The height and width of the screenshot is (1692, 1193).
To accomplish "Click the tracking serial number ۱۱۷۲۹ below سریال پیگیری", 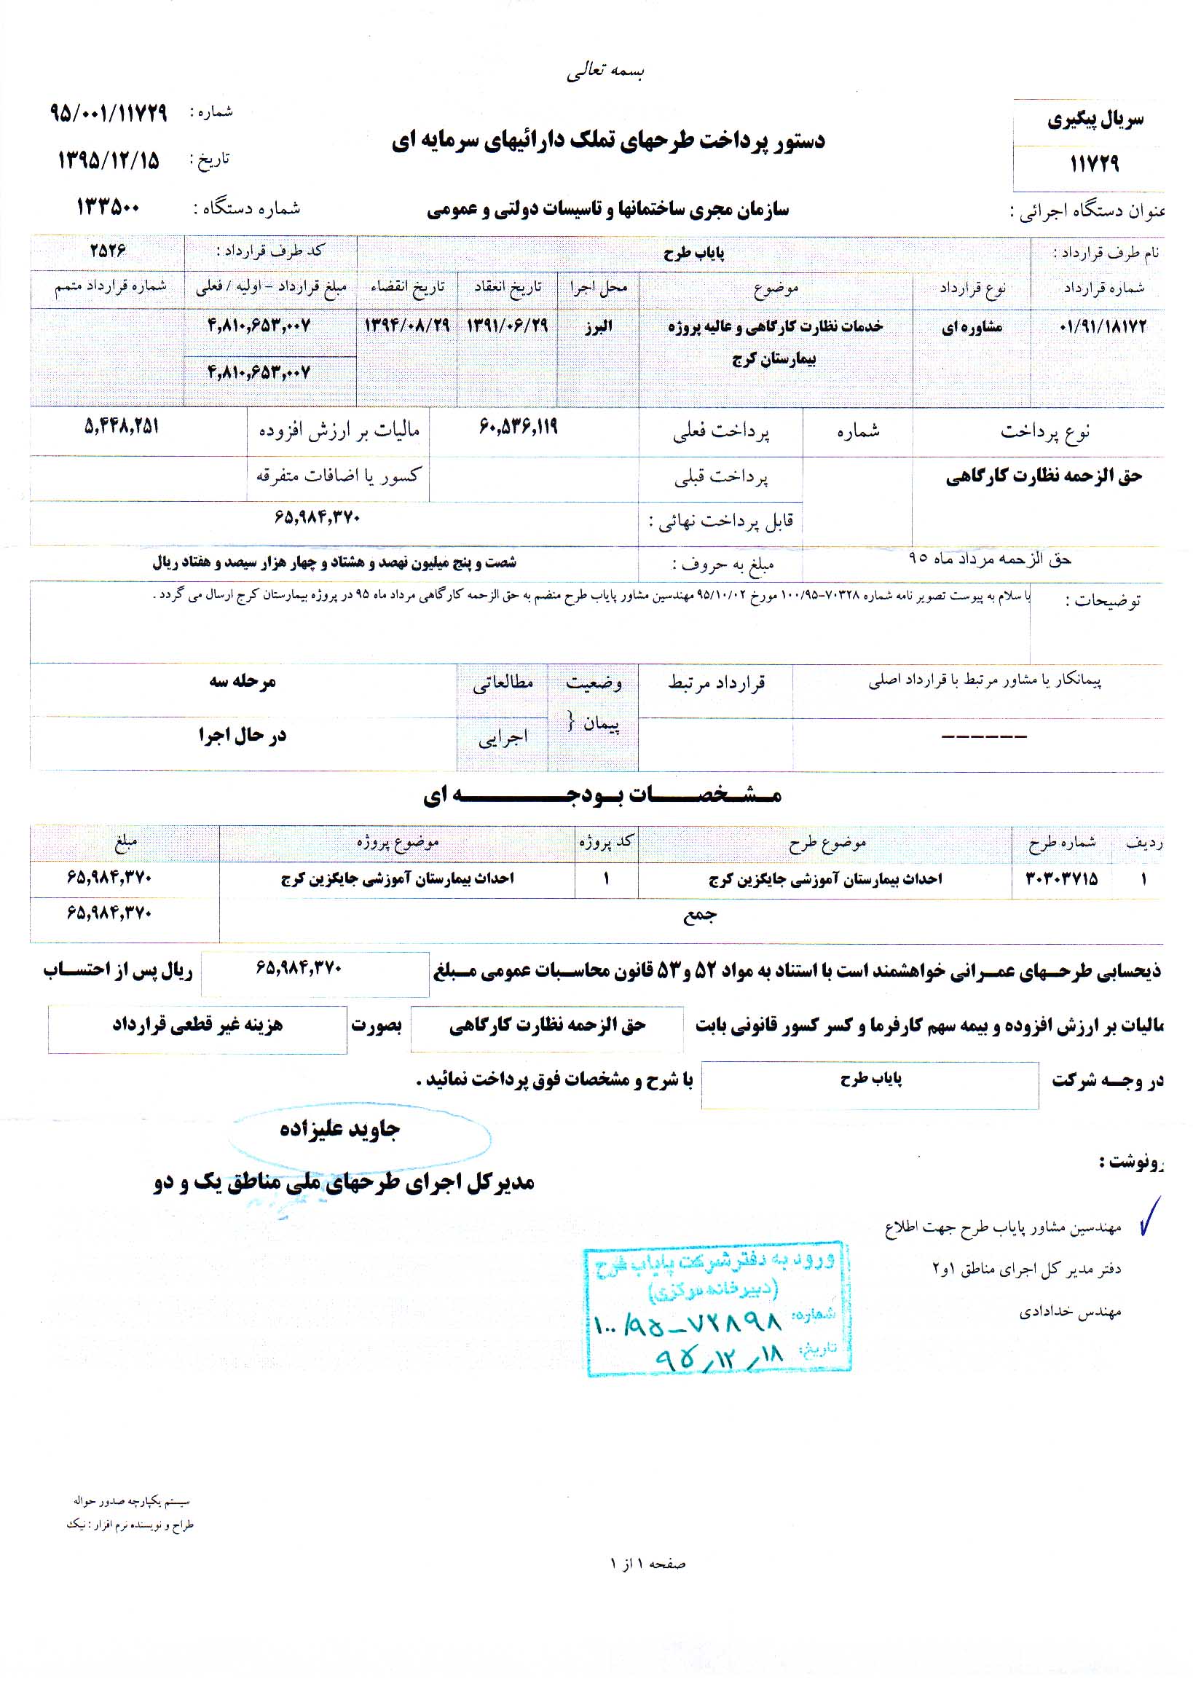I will [1094, 164].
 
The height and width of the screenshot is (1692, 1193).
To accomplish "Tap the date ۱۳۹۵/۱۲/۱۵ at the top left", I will [109, 160].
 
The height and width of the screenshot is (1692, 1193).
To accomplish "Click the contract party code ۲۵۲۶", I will [109, 251].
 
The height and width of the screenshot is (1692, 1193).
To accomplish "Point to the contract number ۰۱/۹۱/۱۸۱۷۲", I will [1103, 326].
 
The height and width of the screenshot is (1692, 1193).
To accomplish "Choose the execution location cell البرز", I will [598, 327].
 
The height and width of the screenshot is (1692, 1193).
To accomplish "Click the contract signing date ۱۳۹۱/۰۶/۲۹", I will [507, 326].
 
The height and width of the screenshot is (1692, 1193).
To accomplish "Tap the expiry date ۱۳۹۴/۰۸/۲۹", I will [406, 326].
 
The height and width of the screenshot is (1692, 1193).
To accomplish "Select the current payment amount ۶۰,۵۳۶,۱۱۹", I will [518, 428].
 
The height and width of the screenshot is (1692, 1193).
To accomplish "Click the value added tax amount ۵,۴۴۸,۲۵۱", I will [122, 427].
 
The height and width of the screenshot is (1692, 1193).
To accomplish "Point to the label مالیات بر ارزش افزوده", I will [339, 431].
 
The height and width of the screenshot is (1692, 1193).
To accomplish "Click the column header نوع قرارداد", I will [972, 289].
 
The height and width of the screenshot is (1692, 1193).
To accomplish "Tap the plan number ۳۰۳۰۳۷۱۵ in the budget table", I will [1061, 878].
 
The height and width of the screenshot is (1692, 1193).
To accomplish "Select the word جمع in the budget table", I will [698, 915].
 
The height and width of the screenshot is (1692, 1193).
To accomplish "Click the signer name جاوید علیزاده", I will [339, 1130].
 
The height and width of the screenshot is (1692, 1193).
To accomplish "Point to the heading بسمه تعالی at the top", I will [605, 71].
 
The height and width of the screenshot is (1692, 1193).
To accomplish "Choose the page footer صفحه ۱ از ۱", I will [647, 1563].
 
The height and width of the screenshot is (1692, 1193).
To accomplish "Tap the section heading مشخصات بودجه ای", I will [602, 795].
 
